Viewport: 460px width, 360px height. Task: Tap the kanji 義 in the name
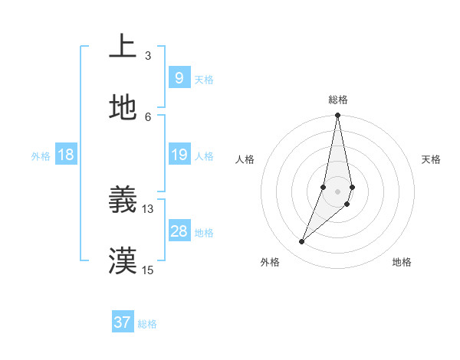click(x=123, y=201)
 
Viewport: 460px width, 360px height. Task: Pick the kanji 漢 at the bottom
click(x=123, y=260)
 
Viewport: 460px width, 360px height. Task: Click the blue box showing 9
click(x=179, y=77)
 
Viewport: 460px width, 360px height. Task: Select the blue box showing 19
click(x=179, y=155)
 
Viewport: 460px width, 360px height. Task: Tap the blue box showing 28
click(x=179, y=231)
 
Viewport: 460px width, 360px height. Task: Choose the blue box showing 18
click(x=65, y=155)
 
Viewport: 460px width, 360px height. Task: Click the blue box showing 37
click(x=122, y=322)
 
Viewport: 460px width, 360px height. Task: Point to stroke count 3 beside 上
click(x=147, y=55)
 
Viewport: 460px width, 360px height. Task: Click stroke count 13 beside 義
click(x=147, y=208)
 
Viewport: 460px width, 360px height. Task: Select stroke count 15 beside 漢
click(x=147, y=270)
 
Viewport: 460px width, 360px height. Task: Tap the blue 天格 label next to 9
click(x=203, y=80)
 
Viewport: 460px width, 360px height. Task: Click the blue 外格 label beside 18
click(x=41, y=156)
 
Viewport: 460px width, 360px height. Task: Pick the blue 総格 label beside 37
click(x=147, y=324)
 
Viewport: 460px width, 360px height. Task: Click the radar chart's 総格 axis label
click(x=337, y=100)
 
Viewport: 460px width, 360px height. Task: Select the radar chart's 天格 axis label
click(x=431, y=159)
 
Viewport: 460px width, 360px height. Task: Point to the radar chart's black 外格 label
click(x=269, y=262)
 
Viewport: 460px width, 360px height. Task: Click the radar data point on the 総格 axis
click(x=337, y=116)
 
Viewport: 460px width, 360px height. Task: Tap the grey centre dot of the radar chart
click(x=337, y=191)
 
